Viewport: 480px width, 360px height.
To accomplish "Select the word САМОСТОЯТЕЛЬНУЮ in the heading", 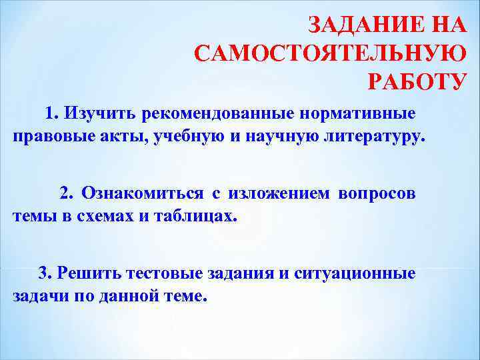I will [x=330, y=53].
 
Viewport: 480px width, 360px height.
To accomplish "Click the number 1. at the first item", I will [x=52, y=112].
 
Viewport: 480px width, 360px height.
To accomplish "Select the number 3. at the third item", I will [x=45, y=273].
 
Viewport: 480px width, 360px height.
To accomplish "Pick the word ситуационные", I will [x=360, y=273].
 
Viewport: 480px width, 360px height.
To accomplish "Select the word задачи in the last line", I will [x=37, y=297].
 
